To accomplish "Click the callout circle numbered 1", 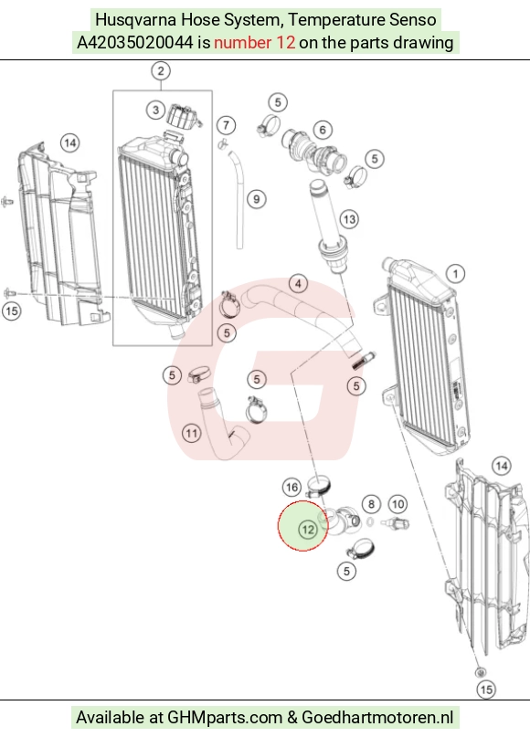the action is (455, 274).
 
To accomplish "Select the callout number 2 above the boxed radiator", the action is (161, 71).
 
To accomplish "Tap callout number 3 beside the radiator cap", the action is (155, 111).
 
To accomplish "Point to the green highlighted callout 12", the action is (308, 530).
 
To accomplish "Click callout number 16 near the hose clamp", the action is (291, 487).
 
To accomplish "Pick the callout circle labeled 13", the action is (349, 219).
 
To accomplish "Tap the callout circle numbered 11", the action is (191, 432).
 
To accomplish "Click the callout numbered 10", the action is (397, 504).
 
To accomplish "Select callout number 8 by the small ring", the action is (372, 504).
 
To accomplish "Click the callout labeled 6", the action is (323, 130).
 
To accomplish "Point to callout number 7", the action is (227, 125).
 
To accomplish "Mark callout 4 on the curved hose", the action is (298, 283).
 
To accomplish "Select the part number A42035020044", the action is (135, 43).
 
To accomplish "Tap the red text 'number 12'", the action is (254, 43).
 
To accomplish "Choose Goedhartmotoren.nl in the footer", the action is (377, 718).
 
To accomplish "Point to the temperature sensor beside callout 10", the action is (395, 522).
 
